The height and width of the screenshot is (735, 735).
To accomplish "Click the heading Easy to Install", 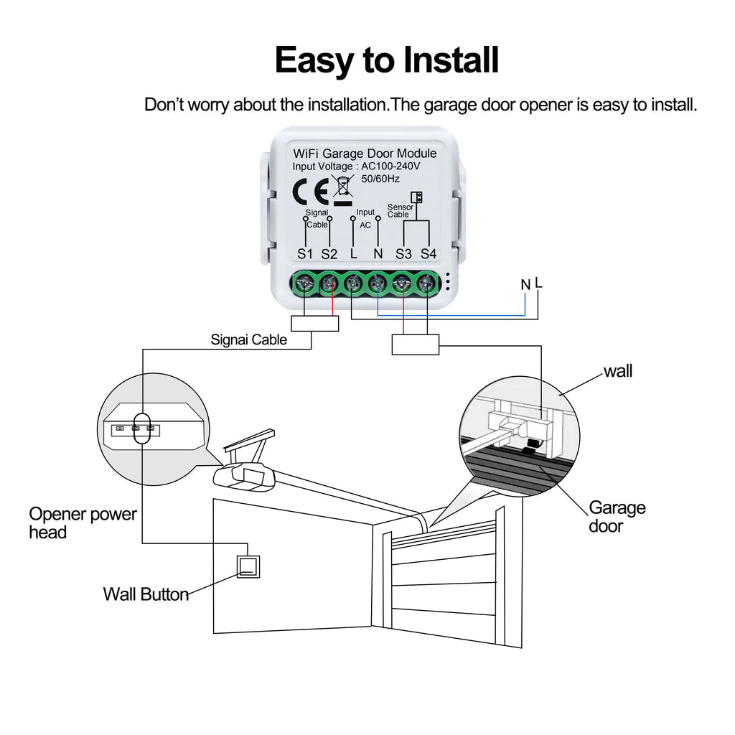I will pyautogui.click(x=386, y=60).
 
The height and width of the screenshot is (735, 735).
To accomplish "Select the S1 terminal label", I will pyautogui.click(x=306, y=254).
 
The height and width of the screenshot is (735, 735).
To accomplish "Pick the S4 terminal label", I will pyautogui.click(x=429, y=254).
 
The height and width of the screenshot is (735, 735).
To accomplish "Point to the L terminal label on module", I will pyautogui.click(x=353, y=254).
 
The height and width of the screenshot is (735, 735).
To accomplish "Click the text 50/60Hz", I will pyautogui.click(x=380, y=178).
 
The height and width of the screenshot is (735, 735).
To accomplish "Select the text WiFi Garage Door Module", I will pyautogui.click(x=365, y=154).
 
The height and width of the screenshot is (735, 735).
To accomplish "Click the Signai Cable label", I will pyautogui.click(x=248, y=340).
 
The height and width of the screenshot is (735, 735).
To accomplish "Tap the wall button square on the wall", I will pyautogui.click(x=248, y=567).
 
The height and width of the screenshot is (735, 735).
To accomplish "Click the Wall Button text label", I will pyautogui.click(x=146, y=594).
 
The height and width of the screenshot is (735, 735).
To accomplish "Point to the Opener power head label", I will pyautogui.click(x=83, y=523).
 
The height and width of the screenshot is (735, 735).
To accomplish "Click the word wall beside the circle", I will pyautogui.click(x=618, y=371).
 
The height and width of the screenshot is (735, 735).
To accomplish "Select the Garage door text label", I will pyautogui.click(x=617, y=517).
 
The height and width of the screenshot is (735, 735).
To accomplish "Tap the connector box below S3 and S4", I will pyautogui.click(x=416, y=345).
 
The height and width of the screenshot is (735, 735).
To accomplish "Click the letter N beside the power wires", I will pyautogui.click(x=525, y=285).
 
